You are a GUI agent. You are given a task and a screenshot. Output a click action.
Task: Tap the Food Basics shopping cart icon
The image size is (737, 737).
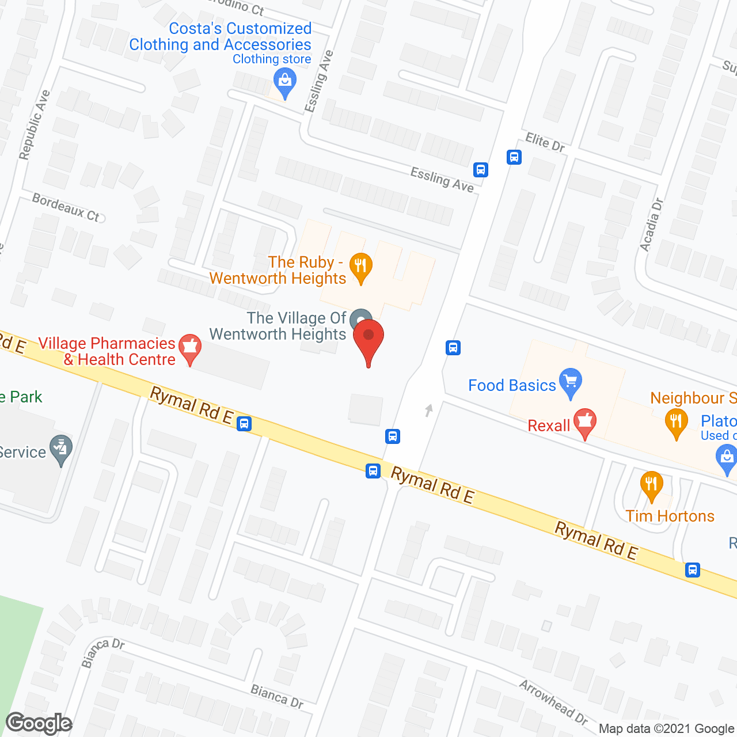(x=571, y=382)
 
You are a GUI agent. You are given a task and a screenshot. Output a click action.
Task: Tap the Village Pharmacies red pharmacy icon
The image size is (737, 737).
(x=190, y=348)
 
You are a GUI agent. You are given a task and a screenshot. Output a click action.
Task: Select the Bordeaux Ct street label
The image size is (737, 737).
(x=66, y=208)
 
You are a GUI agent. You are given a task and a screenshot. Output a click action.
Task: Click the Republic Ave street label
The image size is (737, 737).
(x=35, y=125)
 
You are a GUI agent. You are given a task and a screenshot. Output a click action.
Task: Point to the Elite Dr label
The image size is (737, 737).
(x=545, y=142)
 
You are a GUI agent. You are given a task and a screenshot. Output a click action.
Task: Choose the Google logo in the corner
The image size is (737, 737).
(x=39, y=723)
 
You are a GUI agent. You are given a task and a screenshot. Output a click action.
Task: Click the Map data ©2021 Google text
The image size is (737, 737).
(x=666, y=729)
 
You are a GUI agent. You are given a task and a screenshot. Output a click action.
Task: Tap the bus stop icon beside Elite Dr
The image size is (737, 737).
(x=514, y=157)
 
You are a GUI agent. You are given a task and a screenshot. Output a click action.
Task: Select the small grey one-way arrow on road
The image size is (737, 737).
(x=428, y=410)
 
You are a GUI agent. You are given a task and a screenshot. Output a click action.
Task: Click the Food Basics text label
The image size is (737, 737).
(x=512, y=385)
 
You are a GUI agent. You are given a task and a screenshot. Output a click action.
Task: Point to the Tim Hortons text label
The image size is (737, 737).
(x=670, y=516)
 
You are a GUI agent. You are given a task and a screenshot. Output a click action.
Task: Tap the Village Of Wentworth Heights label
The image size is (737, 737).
(x=278, y=326)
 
